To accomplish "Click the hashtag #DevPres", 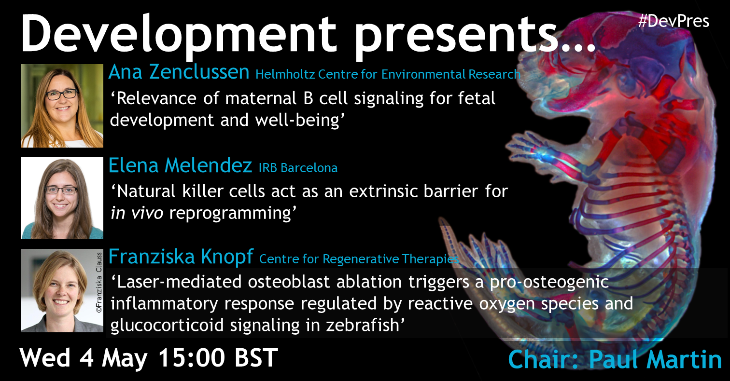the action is click(674, 22).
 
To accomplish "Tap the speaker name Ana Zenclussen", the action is click(179, 72).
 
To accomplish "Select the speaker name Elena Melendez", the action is click(180, 165).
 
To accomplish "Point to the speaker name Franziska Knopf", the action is click(181, 257).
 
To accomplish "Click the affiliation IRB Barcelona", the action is click(298, 168).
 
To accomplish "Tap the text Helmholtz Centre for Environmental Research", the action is click(388, 75).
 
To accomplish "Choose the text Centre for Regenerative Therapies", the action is click(359, 259).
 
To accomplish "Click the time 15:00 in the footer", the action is click(191, 358).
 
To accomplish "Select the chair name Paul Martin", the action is click(655, 359).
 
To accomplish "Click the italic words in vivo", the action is click(137, 213).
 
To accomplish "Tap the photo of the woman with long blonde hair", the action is click(62, 106).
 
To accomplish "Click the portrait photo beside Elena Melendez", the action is click(62, 198).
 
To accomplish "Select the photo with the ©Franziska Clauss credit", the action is click(62, 291).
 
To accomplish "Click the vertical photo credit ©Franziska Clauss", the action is click(99, 283).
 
